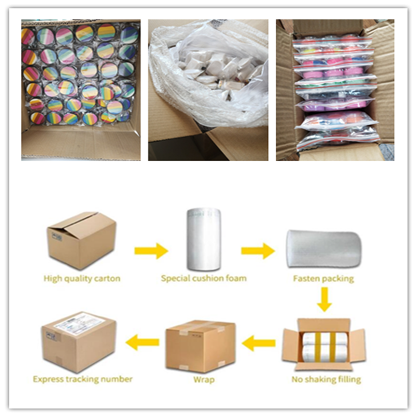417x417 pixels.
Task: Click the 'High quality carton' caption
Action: (x=82, y=278)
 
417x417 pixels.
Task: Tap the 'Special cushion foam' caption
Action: (x=204, y=278)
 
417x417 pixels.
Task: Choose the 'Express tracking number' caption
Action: (x=82, y=379)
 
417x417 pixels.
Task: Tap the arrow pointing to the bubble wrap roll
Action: (x=257, y=251)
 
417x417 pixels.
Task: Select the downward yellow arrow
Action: (x=324, y=300)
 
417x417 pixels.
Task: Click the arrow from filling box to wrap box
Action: (x=259, y=343)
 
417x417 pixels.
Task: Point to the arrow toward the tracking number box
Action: (x=143, y=342)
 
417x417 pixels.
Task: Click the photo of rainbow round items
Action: (x=81, y=90)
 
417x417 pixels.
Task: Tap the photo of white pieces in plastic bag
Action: (x=208, y=90)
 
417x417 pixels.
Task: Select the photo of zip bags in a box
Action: (x=335, y=90)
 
